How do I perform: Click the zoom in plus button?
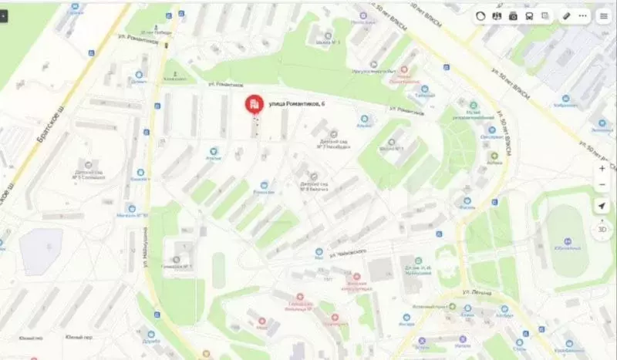(x=602, y=168)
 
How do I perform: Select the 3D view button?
(x=602, y=229)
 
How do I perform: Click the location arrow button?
(x=602, y=206)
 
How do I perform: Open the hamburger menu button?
(x=603, y=15)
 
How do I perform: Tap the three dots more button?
(x=582, y=15)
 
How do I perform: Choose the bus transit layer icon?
(x=529, y=15)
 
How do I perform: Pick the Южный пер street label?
(x=79, y=337)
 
